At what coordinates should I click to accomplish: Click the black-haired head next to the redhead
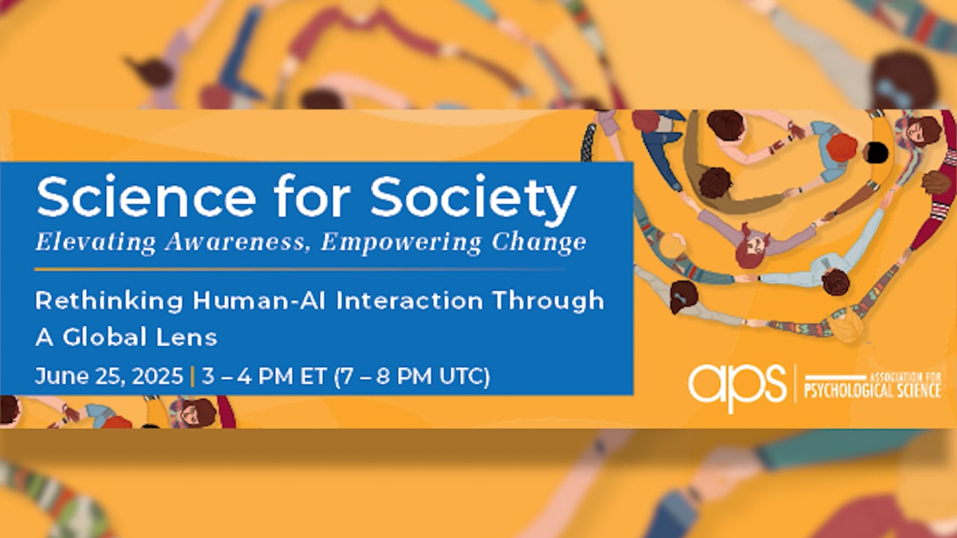876,153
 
